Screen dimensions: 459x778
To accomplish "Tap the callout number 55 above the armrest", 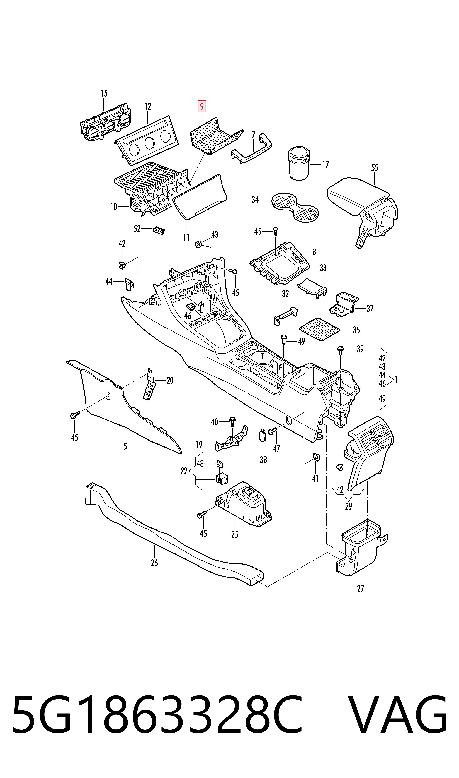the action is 375,168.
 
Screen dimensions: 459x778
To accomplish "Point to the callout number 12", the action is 148,107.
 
